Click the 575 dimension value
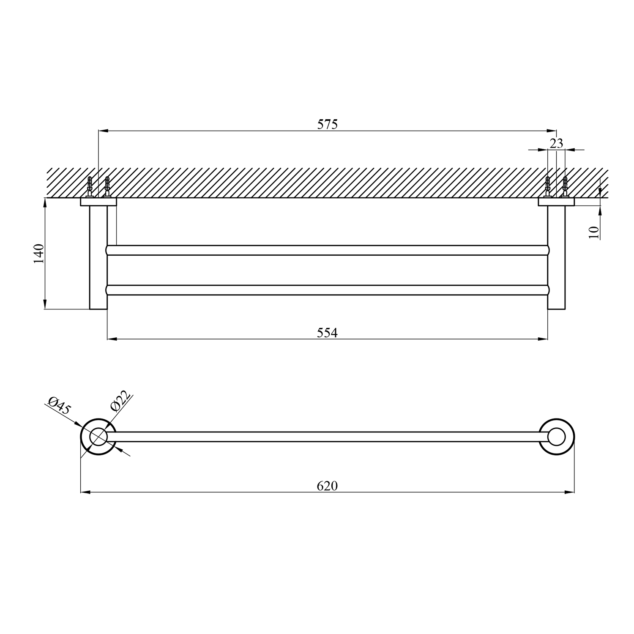click(x=328, y=124)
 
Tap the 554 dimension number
click(x=328, y=333)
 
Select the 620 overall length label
click(x=328, y=486)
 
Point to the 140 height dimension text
click(x=39, y=254)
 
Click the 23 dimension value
click(x=557, y=143)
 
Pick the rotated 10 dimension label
click(x=594, y=232)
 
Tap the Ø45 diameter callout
click(x=60, y=405)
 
